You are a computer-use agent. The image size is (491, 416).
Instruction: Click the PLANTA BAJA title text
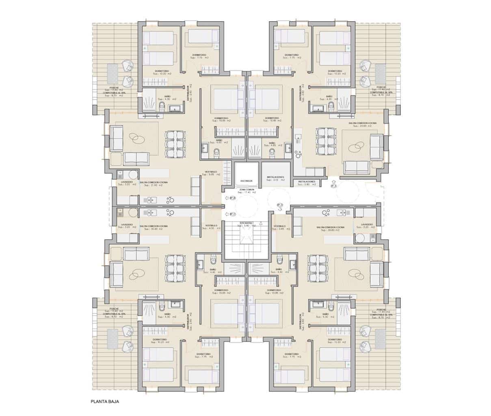click(x=105, y=401)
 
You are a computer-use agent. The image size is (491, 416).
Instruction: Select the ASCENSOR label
click(x=246, y=181)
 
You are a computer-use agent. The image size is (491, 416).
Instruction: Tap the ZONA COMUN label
click(x=247, y=191)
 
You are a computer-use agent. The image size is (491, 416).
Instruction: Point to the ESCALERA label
click(x=246, y=223)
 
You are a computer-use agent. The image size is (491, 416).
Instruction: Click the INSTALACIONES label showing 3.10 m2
click(x=275, y=178)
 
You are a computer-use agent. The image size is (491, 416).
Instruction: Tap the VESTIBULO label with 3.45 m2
click(x=281, y=227)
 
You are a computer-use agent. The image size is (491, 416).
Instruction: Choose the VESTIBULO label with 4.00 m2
click(x=212, y=227)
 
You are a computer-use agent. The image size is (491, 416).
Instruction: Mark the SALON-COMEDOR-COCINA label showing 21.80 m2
click(x=154, y=184)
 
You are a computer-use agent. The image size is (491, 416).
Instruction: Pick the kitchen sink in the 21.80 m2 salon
click(x=149, y=200)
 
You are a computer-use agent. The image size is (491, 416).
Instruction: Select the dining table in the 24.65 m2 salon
click(x=327, y=141)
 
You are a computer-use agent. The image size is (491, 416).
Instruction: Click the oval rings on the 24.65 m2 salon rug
click(x=359, y=146)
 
